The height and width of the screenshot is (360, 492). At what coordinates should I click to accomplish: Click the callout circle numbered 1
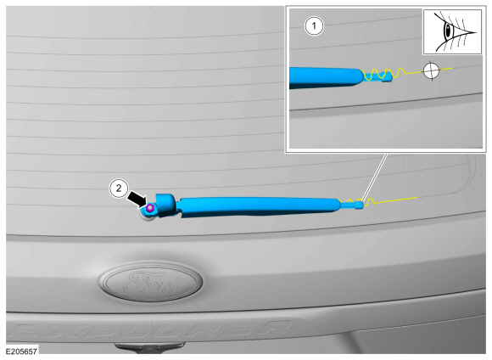click(x=314, y=25)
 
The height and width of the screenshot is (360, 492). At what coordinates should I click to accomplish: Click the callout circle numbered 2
click(x=119, y=188)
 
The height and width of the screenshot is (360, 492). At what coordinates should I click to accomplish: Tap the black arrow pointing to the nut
click(x=137, y=199)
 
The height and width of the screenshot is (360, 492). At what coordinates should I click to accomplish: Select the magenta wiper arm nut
click(x=150, y=208)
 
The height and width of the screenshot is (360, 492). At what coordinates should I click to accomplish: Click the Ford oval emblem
click(x=151, y=282)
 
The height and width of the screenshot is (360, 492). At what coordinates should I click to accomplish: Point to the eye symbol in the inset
click(x=452, y=31)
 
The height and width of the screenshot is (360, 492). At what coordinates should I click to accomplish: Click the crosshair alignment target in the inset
click(x=431, y=70)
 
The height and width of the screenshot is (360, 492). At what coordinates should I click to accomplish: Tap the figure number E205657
click(x=21, y=352)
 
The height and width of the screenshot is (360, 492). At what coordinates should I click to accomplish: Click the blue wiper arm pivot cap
click(x=166, y=205)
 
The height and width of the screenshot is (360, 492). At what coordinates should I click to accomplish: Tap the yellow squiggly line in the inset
click(x=406, y=74)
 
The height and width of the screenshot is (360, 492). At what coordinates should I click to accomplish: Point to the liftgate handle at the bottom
click(x=149, y=346)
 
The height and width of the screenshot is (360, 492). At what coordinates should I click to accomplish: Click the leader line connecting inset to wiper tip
click(x=375, y=177)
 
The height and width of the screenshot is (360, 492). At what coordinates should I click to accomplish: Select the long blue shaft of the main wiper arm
click(x=257, y=207)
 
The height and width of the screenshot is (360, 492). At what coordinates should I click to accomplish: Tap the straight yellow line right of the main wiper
click(x=396, y=200)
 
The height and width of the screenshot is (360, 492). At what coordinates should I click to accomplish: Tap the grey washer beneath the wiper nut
click(x=148, y=217)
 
